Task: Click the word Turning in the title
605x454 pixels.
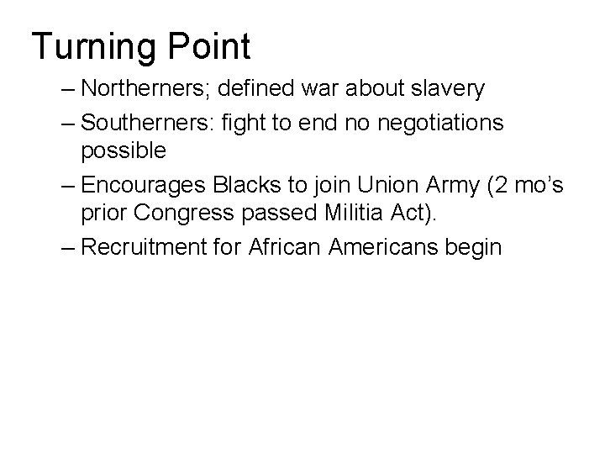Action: point(92,46)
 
